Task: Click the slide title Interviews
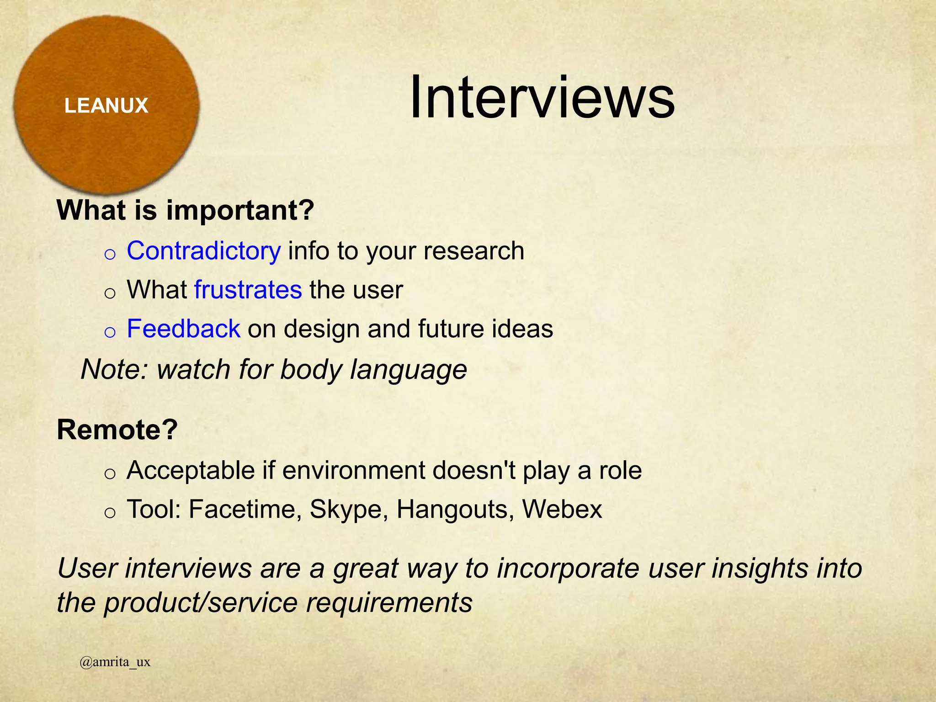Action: tap(542, 98)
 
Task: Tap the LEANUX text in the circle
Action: tap(106, 106)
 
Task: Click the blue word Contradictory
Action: tap(204, 251)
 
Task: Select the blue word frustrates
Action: tap(248, 290)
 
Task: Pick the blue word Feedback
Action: tap(184, 329)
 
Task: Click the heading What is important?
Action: tap(186, 210)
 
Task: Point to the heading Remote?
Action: tap(117, 430)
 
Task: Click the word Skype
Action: tap(346, 509)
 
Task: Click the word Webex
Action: tap(562, 509)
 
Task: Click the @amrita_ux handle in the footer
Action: tap(115, 662)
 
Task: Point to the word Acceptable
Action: tap(191, 470)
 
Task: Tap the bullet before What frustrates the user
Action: tap(110, 292)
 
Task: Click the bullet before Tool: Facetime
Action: tap(110, 512)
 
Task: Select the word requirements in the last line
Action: tap(389, 602)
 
